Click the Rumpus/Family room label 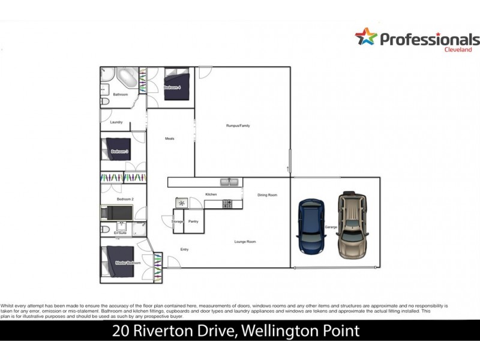238,125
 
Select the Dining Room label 267,195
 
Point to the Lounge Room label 245,241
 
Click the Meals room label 169,139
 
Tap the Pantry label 193,221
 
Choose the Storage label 178,221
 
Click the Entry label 184,249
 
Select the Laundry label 116,122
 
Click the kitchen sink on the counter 229,181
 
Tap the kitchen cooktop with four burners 228,204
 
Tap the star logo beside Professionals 366,38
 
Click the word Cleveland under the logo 460,50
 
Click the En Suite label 120,233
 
